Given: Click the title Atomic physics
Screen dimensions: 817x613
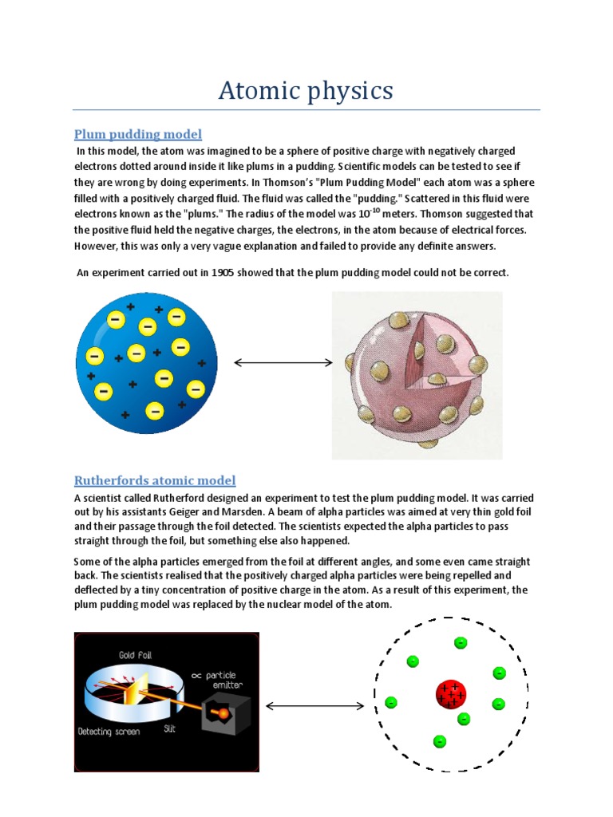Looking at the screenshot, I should [306, 90].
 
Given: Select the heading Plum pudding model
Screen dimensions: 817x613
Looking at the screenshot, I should [137, 133].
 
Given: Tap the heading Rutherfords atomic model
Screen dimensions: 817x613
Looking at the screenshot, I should [155, 480].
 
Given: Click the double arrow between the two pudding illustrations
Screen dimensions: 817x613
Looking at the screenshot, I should [283, 363].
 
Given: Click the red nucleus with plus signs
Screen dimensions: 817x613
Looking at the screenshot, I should [451, 694].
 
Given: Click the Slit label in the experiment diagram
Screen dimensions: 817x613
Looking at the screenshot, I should [169, 729].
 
